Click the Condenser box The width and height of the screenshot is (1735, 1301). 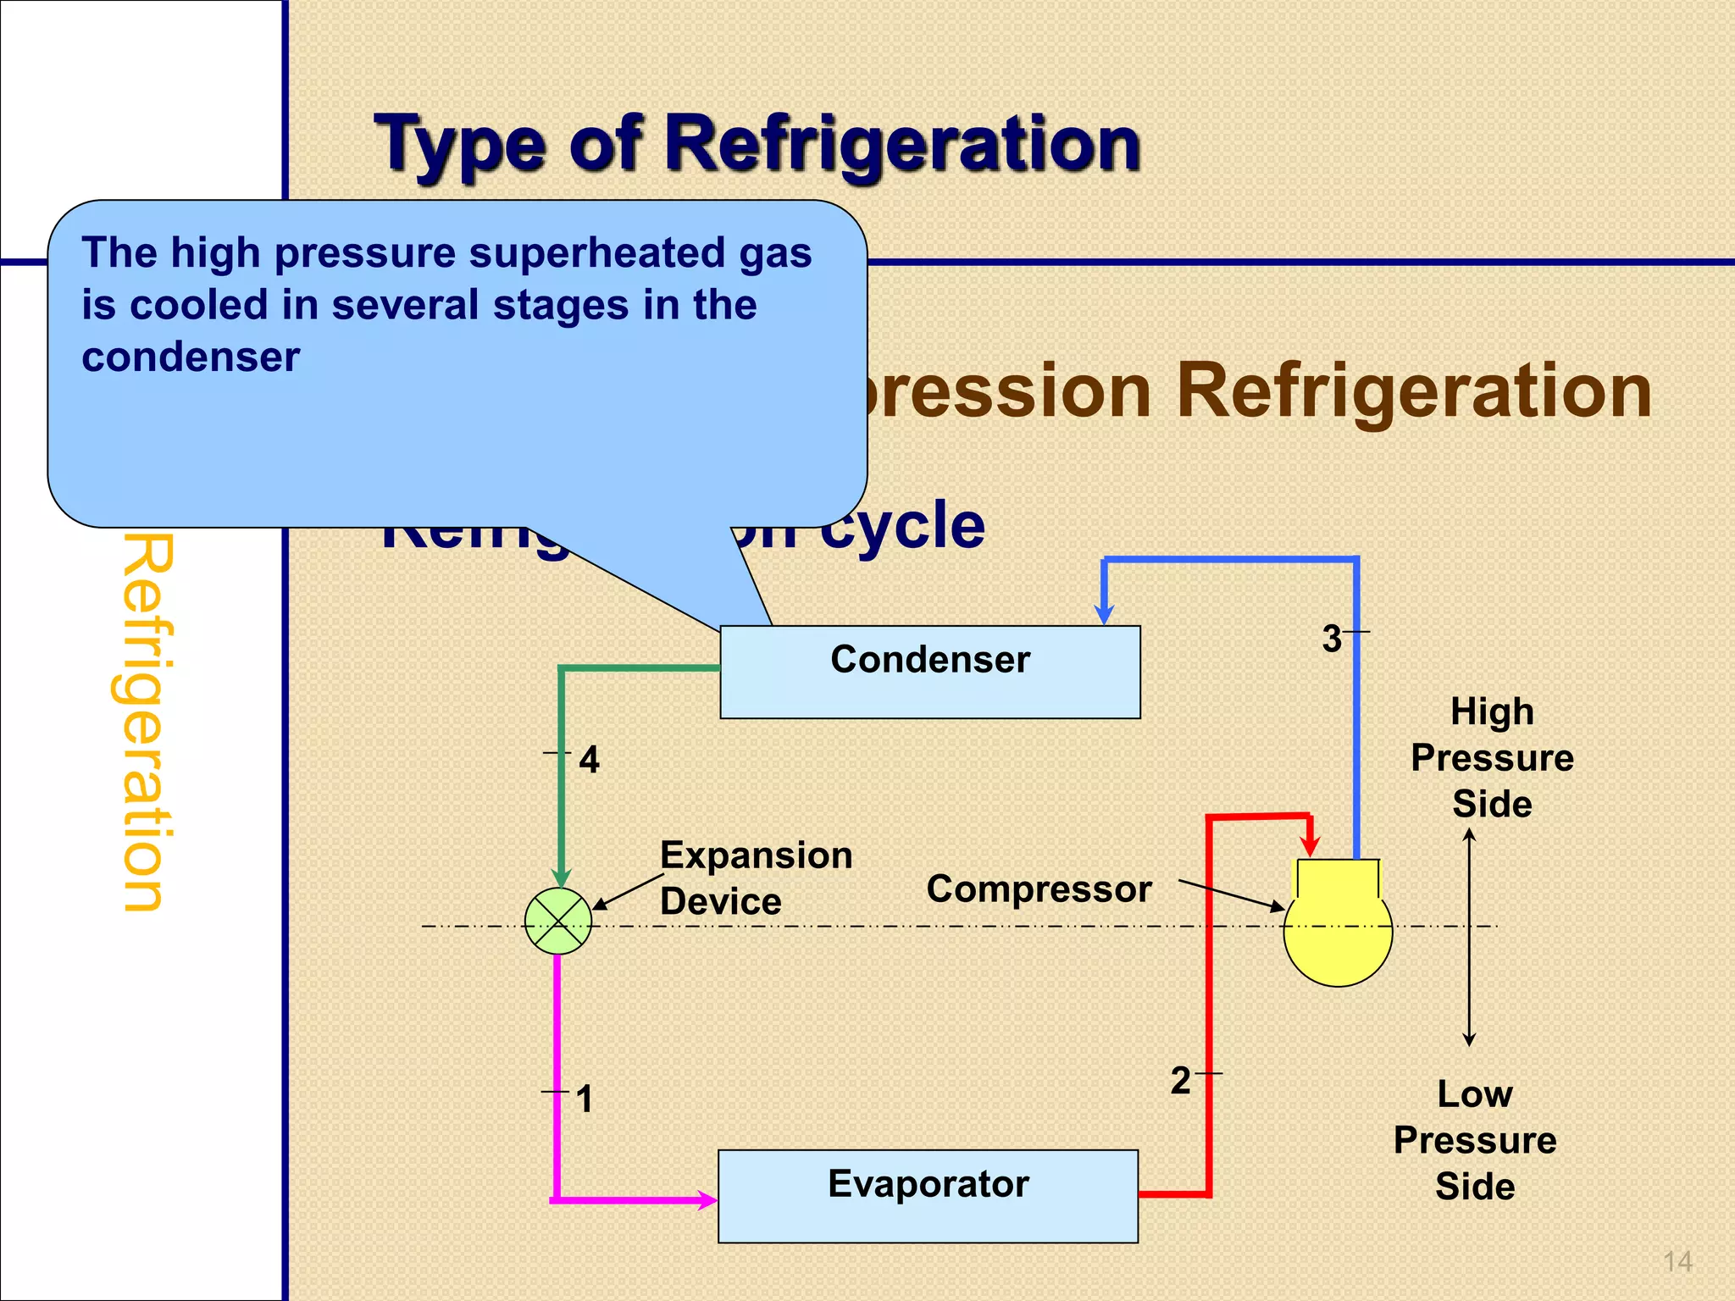point(929,672)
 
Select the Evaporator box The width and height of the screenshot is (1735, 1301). point(928,1195)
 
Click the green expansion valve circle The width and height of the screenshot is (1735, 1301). point(558,922)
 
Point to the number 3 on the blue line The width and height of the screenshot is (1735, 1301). point(1332,639)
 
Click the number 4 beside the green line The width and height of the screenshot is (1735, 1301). point(589,760)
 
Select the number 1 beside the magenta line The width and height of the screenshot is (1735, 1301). point(584,1099)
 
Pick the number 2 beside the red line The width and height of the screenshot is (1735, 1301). point(1180,1081)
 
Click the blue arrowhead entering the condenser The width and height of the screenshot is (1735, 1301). point(1104,614)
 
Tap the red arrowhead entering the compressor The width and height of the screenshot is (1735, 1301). point(1311,845)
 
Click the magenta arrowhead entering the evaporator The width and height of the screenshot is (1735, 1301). point(707,1199)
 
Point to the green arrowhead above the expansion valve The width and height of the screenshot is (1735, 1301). point(561,877)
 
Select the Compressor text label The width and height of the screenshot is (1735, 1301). point(1039,889)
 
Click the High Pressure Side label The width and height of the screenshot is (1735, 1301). point(1492,757)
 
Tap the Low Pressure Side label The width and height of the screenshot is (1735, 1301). point(1475,1140)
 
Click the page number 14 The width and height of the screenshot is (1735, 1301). point(1677,1262)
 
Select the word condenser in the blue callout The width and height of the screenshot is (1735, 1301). point(191,357)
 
